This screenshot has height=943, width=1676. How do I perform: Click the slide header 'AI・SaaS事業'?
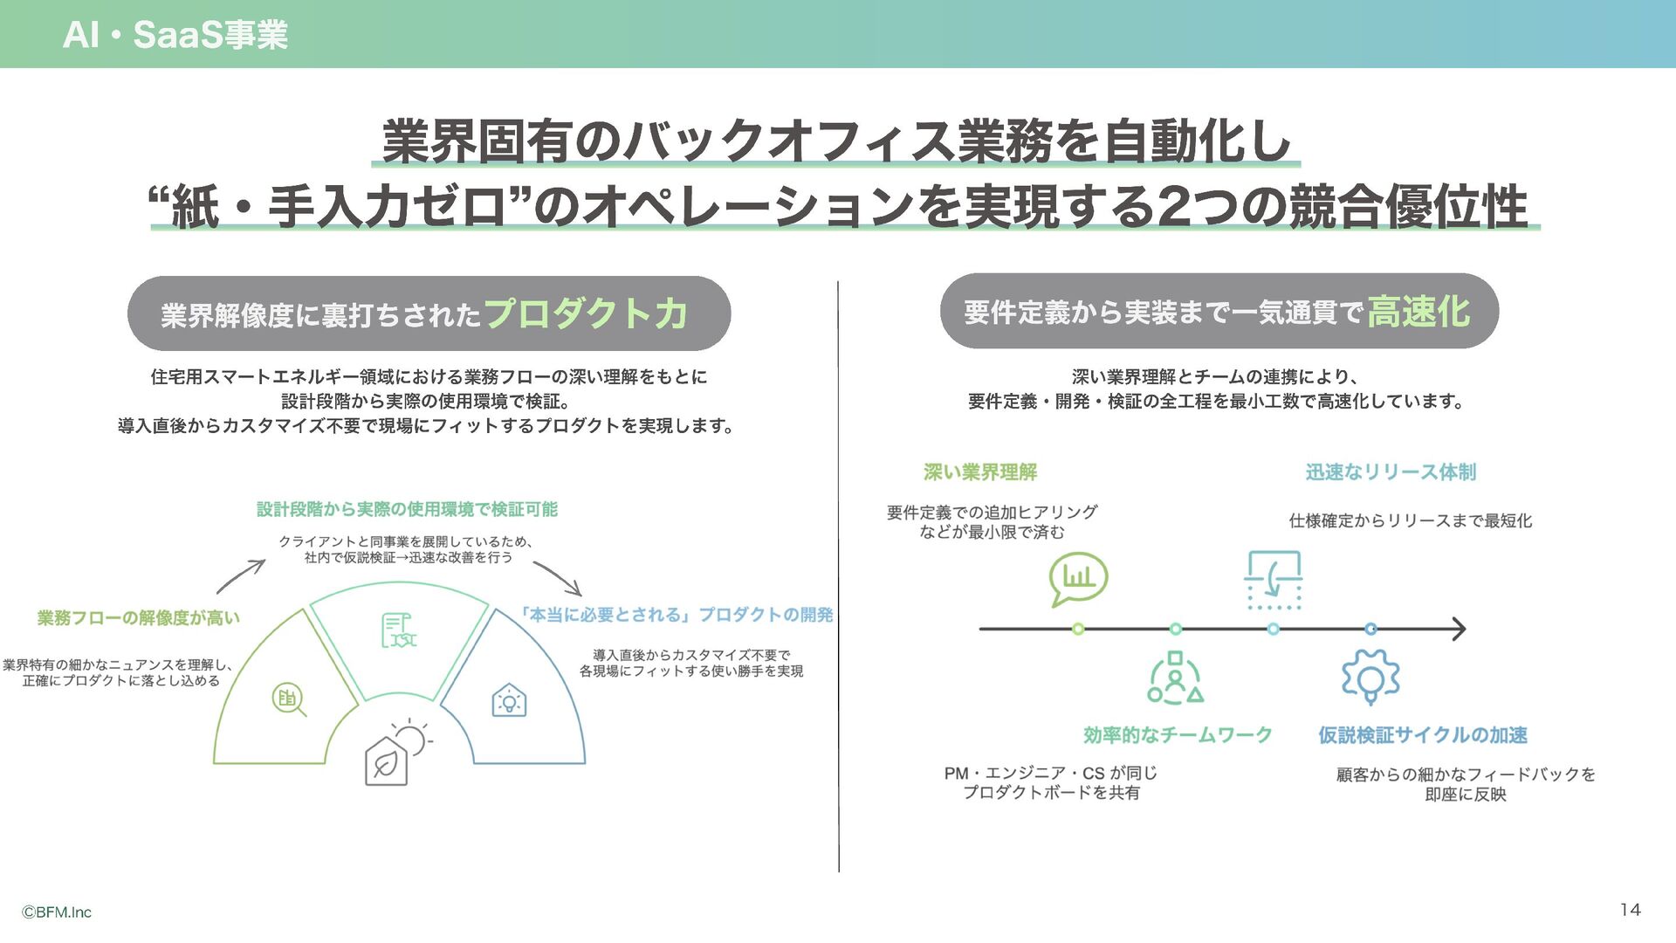click(175, 35)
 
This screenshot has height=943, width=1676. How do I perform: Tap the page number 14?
click(1630, 910)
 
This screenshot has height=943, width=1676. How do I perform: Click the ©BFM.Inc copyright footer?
click(57, 912)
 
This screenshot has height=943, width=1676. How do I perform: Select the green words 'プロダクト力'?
click(586, 313)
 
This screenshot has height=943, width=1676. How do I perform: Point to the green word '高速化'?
click(1418, 312)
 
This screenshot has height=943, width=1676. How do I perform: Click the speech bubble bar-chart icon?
click(1078, 578)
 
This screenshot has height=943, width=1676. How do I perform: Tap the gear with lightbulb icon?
click(1370, 677)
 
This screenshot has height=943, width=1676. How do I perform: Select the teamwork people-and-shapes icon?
click(1175, 678)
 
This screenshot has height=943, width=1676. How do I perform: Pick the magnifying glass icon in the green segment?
click(289, 699)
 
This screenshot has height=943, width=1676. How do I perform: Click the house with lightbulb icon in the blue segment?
click(509, 700)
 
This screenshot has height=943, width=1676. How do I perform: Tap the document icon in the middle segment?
click(398, 630)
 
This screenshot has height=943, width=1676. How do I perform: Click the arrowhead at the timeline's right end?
click(1459, 629)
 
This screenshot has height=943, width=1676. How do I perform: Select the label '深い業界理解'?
click(980, 472)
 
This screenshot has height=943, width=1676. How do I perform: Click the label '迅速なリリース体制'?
click(1391, 472)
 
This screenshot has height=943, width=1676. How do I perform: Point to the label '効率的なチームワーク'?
click(1178, 735)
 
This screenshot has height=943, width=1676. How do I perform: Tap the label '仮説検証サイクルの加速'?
click(1423, 735)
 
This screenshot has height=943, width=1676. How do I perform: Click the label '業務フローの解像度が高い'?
click(138, 618)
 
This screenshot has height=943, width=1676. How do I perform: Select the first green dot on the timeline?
click(1078, 629)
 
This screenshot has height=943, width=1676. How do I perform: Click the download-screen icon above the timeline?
click(1274, 579)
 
